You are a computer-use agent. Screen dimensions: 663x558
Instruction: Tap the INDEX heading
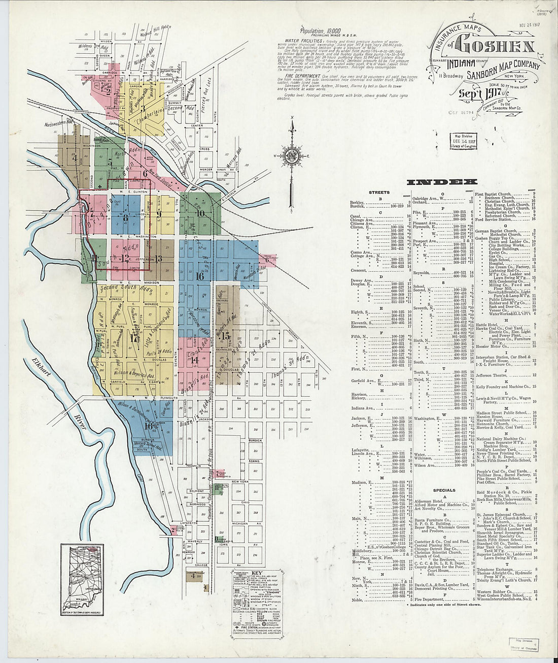pos(442,181)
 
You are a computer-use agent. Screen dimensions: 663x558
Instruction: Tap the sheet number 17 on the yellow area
pos(134,337)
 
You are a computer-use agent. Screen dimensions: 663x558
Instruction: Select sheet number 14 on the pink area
pos(194,360)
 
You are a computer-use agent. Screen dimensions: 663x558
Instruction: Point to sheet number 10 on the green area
pos(200,213)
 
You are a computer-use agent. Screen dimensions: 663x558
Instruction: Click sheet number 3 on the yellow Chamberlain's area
pos(144,108)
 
